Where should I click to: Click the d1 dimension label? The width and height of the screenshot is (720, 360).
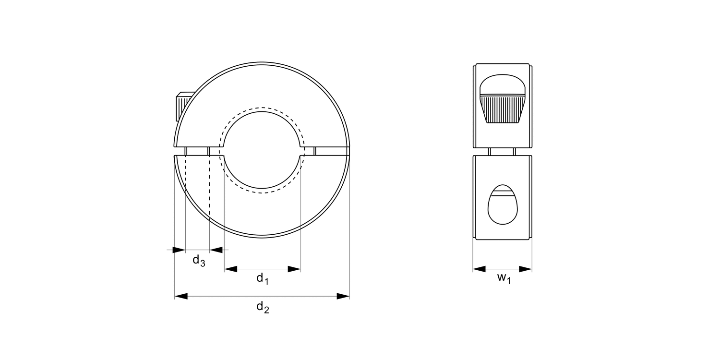[x=262, y=278]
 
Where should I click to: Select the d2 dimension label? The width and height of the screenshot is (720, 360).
[x=262, y=307]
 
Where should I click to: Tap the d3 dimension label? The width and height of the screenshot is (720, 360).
[x=199, y=261]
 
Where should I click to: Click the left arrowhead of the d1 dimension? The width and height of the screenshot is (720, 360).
[x=231, y=269]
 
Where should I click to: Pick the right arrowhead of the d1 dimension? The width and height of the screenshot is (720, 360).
[x=294, y=269]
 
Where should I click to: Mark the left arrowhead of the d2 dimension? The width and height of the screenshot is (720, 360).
[x=181, y=296]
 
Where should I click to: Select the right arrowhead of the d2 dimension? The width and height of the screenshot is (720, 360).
[x=343, y=296]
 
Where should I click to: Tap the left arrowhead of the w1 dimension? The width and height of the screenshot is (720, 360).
[x=479, y=269]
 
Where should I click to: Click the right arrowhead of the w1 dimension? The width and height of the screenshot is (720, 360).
[x=526, y=269]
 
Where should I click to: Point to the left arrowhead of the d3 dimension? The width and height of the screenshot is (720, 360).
[x=179, y=250]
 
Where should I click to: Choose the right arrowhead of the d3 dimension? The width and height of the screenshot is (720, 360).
[x=216, y=250]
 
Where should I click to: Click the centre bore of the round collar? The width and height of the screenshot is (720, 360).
[x=262, y=150]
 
